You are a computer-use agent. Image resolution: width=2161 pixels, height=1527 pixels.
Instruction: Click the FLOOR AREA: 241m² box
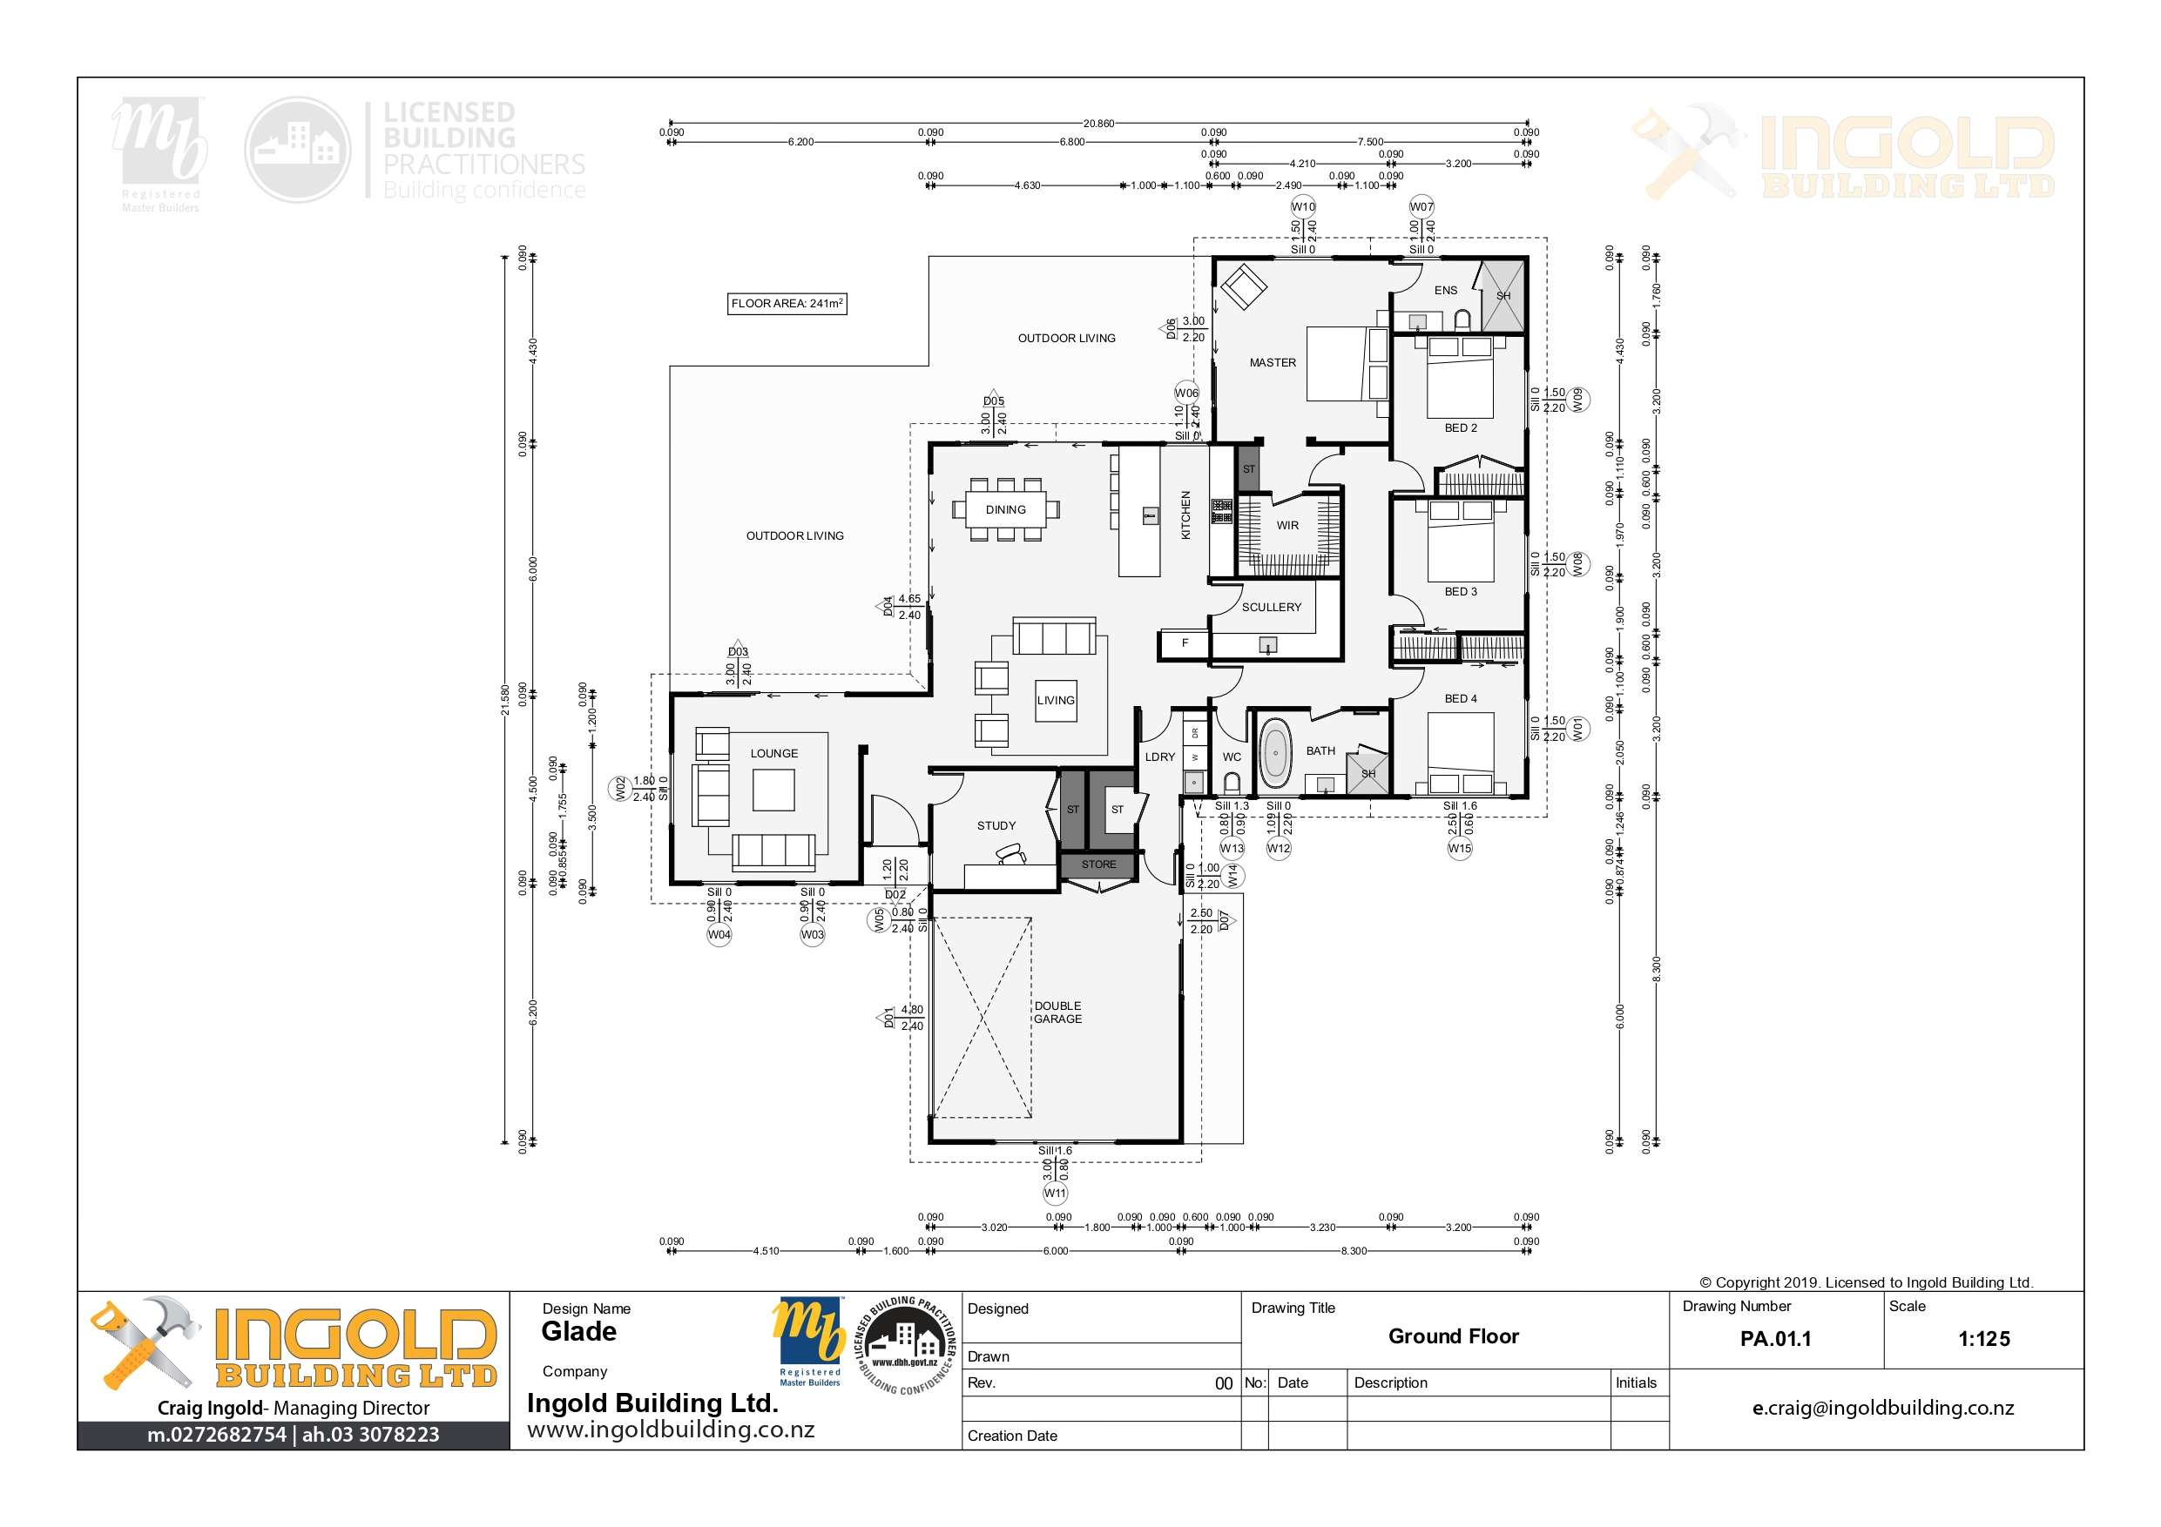point(787,303)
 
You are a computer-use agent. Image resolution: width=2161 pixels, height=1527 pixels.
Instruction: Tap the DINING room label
point(1005,510)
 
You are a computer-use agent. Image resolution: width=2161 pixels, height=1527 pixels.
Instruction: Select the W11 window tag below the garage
point(1055,1193)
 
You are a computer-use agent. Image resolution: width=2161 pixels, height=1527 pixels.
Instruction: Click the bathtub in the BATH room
point(1275,754)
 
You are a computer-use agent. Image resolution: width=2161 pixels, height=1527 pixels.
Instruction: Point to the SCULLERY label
point(1271,608)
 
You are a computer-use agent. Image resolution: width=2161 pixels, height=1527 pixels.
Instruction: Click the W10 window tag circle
point(1303,207)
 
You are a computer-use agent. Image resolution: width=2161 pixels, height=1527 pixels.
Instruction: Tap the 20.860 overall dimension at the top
point(1098,124)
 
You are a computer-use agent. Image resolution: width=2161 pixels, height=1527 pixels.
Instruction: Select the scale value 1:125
point(1983,1339)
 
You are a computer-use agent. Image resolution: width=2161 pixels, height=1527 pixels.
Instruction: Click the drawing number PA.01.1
point(1775,1339)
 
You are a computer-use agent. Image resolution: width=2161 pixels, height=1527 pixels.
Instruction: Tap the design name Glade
point(579,1331)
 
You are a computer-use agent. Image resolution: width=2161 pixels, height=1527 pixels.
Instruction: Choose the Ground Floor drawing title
point(1453,1337)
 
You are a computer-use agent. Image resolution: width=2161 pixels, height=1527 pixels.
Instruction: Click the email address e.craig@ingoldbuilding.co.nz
point(1882,1409)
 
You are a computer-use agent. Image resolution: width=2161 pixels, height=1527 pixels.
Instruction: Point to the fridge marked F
point(1184,643)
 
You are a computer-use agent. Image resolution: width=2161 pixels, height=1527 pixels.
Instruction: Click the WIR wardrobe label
point(1286,526)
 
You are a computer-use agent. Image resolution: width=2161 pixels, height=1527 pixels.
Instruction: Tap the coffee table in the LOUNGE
point(773,790)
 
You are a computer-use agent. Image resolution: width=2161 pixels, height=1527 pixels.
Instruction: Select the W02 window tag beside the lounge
point(620,789)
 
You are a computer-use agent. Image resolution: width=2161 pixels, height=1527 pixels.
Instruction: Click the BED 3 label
point(1460,592)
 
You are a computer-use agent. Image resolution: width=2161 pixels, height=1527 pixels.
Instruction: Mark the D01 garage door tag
point(888,1018)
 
